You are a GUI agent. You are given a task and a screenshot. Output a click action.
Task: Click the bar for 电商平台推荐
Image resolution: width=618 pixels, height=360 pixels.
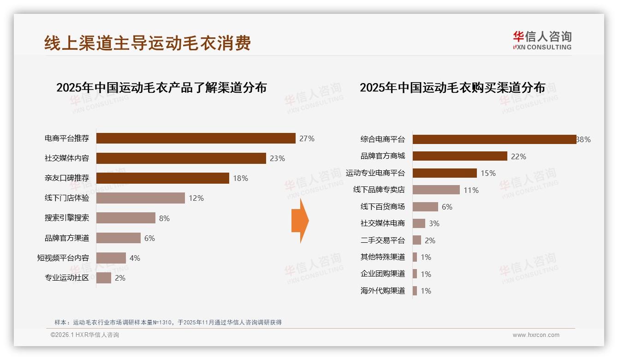(196, 138)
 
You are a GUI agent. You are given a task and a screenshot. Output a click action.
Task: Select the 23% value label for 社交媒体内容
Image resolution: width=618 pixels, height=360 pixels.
(277, 158)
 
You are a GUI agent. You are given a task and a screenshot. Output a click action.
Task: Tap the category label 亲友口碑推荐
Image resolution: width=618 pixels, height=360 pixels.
(67, 178)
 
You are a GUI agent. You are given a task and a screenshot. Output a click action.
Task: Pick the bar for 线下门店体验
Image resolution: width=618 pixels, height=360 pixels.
(141, 198)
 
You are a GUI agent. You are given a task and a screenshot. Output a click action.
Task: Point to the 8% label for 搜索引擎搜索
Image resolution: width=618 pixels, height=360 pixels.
(164, 218)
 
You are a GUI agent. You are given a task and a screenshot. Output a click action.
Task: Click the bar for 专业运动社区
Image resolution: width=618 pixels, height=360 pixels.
(104, 278)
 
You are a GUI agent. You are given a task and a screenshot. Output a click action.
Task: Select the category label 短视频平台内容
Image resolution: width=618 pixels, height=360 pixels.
(63, 258)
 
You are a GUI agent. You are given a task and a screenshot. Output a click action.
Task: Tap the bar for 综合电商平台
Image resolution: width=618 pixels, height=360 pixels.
(494, 139)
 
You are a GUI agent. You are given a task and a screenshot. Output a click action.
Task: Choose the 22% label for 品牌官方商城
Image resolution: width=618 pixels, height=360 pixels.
(518, 156)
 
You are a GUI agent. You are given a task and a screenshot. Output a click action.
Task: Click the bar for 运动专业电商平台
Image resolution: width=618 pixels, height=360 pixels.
(445, 173)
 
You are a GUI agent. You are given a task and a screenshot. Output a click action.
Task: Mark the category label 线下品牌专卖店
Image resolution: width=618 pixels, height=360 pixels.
(379, 190)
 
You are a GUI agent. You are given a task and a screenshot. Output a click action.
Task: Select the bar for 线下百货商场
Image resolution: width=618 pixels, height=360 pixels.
(425, 207)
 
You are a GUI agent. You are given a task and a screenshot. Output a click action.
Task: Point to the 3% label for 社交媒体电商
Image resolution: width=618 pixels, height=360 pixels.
(434, 223)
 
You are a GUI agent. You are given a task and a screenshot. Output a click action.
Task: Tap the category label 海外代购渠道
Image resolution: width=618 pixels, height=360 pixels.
(382, 291)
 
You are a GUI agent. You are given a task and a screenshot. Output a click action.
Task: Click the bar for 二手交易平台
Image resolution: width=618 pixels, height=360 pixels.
(417, 240)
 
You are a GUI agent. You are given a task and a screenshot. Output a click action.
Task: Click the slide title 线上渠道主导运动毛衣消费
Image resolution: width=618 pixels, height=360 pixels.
(148, 43)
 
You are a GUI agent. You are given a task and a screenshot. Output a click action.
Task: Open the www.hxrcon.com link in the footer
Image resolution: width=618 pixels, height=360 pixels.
(536, 335)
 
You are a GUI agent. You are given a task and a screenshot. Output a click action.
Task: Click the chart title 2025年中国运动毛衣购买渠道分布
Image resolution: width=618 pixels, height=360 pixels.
(452, 87)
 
